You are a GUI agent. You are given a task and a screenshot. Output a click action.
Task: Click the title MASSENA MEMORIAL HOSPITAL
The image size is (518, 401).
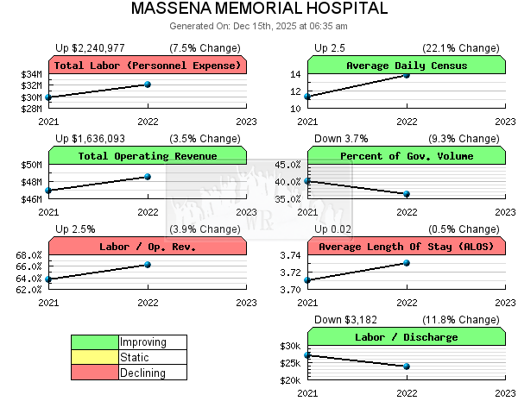pyautogui.click(x=259, y=9)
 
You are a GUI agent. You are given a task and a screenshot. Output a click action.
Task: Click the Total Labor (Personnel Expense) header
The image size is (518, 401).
pyautogui.click(x=148, y=66)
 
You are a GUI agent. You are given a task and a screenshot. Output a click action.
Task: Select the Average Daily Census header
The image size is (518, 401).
pyautogui.click(x=406, y=66)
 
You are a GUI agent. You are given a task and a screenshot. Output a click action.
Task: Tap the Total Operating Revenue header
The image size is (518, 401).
pyautogui.click(x=148, y=156)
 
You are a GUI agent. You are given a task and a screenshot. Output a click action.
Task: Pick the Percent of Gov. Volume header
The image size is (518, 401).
pyautogui.click(x=406, y=156)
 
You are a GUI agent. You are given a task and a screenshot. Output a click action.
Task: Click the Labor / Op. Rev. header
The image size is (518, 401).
pyautogui.click(x=148, y=247)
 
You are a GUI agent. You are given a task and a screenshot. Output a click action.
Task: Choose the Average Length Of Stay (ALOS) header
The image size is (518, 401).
pyautogui.click(x=406, y=247)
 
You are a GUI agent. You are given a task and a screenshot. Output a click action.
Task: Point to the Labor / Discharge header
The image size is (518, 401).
pyautogui.click(x=406, y=337)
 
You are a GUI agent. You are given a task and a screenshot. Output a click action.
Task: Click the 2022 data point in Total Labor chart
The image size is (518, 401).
pyautogui.click(x=148, y=84)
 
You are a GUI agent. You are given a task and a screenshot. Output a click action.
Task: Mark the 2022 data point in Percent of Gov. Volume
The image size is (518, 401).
pyautogui.click(x=407, y=193)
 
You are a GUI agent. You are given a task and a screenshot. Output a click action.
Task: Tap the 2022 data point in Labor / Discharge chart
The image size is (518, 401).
pyautogui.click(x=407, y=366)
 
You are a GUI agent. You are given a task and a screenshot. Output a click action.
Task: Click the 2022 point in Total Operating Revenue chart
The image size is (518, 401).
pyautogui.click(x=148, y=176)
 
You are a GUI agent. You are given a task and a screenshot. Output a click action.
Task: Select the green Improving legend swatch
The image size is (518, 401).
pyautogui.click(x=95, y=342)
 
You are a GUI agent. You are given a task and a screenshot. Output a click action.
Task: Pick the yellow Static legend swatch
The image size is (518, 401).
pyautogui.click(x=95, y=357)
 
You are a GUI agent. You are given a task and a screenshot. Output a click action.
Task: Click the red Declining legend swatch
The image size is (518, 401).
pyautogui.click(x=95, y=373)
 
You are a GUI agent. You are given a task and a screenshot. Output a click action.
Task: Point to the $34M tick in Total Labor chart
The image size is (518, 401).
pyautogui.click(x=31, y=74)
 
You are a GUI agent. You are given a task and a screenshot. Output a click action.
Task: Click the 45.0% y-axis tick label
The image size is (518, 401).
pyautogui.click(x=287, y=165)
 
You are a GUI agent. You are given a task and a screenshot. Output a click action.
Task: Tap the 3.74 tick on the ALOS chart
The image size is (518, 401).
pyautogui.click(x=291, y=255)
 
